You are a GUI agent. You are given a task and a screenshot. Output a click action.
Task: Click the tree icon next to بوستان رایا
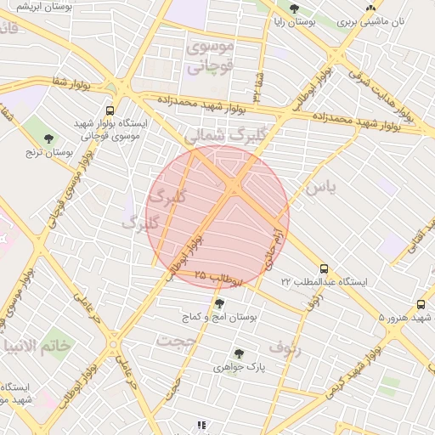294,9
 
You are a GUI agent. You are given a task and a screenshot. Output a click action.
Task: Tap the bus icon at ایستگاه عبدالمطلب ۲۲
324,268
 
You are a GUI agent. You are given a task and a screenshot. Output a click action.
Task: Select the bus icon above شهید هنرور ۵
421,305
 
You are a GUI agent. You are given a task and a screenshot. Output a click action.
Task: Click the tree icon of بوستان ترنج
48,138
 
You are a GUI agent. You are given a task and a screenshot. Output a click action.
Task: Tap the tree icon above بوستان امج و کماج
220,303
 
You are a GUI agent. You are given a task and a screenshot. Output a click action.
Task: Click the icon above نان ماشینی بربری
370,8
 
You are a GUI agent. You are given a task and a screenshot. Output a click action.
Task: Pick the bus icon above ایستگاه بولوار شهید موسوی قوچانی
110,110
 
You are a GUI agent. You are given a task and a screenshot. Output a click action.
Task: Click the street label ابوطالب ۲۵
219,276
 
